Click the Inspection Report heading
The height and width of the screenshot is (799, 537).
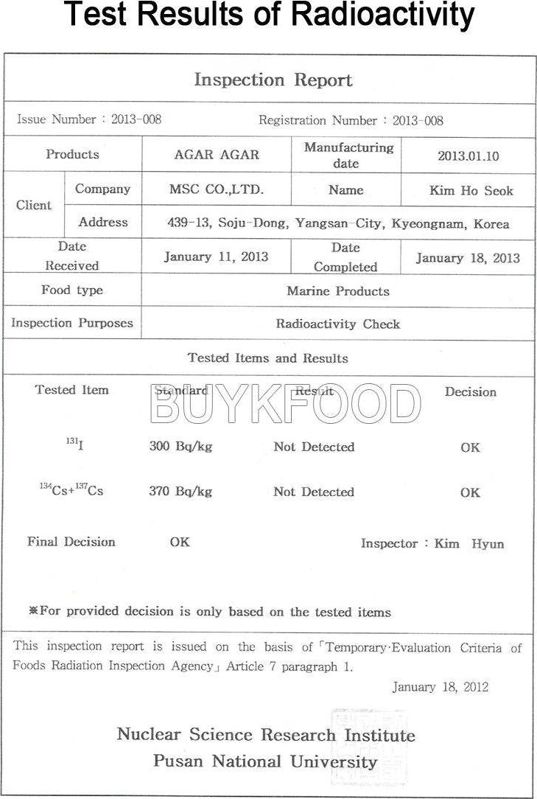[x=273, y=80]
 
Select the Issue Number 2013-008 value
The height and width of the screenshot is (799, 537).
[x=136, y=119]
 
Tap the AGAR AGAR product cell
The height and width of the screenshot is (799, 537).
[x=217, y=155]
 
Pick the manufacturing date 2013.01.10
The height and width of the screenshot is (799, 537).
[x=468, y=156]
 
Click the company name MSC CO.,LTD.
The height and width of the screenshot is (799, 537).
[x=217, y=189]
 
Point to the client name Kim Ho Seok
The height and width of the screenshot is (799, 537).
[x=471, y=191]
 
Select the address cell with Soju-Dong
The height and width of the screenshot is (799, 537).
[x=338, y=223]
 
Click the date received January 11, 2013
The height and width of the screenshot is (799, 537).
[x=216, y=257]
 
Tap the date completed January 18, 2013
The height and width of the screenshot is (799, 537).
[x=468, y=258]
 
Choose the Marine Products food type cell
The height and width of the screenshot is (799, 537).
[x=337, y=291]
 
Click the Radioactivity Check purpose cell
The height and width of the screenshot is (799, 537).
[x=337, y=324]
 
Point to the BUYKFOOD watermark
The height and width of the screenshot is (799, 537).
[x=285, y=404]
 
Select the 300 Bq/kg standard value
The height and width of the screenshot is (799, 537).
[x=180, y=447]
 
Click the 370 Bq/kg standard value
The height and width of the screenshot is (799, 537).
[x=180, y=492]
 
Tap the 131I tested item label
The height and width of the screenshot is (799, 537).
[x=74, y=444]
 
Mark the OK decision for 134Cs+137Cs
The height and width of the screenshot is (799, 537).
[x=470, y=492]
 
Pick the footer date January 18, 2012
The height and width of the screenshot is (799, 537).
[x=440, y=687]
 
